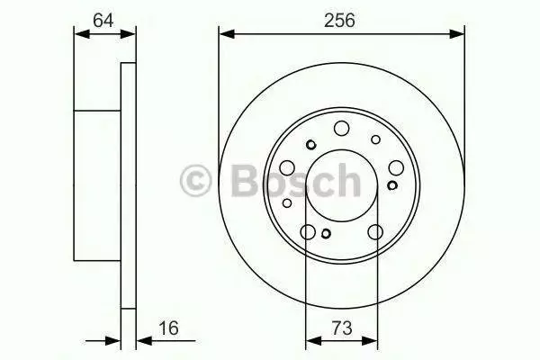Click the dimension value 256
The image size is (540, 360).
click(x=339, y=21)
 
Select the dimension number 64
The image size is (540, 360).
click(x=103, y=21)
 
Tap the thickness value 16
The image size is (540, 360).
click(x=168, y=328)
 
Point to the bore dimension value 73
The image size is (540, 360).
click(x=342, y=328)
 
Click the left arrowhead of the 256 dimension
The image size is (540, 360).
click(x=227, y=34)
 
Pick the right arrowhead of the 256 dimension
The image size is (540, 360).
click(x=457, y=34)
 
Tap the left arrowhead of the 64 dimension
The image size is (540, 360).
click(x=82, y=34)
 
